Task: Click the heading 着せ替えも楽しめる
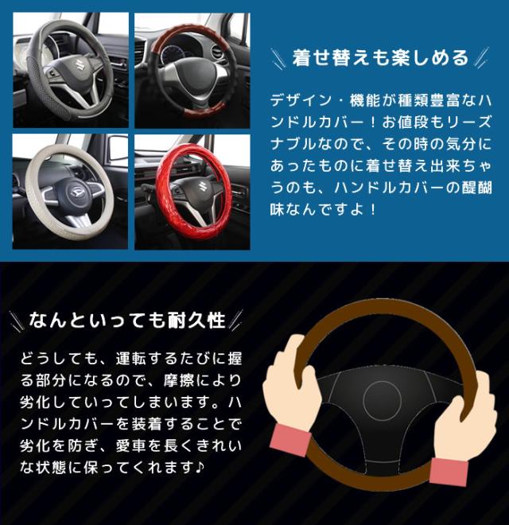click(380, 58)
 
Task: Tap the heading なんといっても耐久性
click(127, 320)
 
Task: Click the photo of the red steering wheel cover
click(192, 192)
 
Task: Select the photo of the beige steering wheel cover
click(70, 192)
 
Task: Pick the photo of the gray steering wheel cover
click(71, 70)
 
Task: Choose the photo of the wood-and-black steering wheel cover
click(192, 70)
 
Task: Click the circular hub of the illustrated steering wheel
click(382, 400)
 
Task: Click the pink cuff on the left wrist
click(290, 440)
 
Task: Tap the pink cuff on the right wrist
click(449, 472)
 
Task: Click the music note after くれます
click(200, 467)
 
